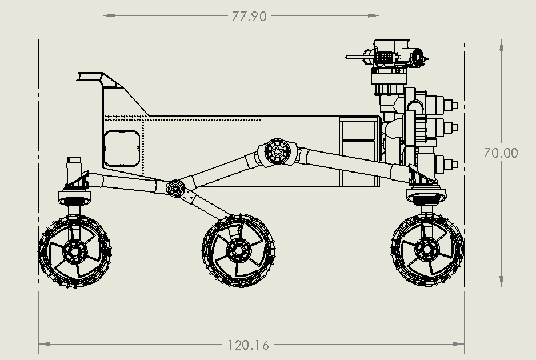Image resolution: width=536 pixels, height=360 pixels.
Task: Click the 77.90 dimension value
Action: pos(249,16)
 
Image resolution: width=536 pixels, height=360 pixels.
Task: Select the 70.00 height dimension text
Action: pos(501,153)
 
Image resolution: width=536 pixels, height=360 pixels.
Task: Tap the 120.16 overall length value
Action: pos(248,345)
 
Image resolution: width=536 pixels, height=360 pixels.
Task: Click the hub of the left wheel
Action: pos(74,250)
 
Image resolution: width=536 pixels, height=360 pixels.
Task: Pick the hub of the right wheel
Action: pos(426,249)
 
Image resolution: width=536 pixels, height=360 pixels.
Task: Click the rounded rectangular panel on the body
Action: pos(121,147)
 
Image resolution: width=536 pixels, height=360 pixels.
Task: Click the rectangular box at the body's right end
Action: pos(359,151)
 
